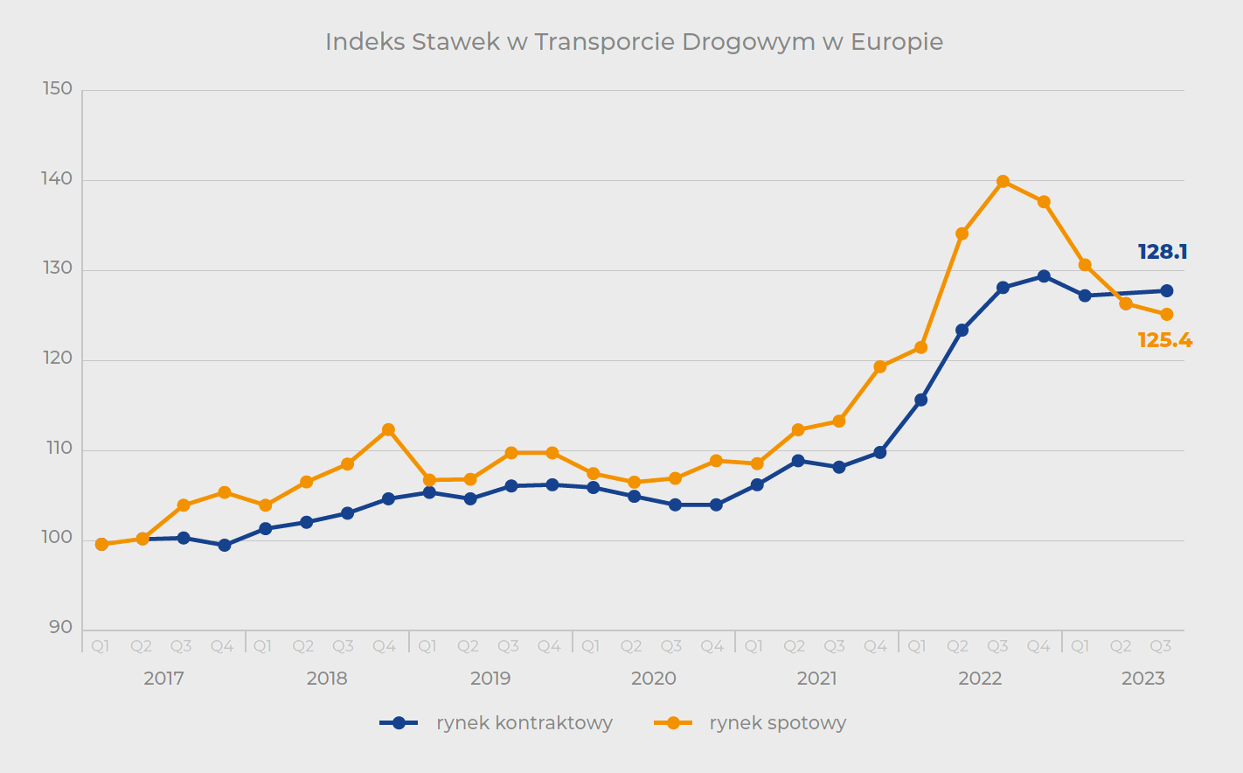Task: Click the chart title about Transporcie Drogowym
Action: click(x=634, y=42)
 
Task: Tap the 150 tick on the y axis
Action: click(x=58, y=89)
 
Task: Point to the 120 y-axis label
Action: click(x=58, y=359)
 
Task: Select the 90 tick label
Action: click(x=61, y=628)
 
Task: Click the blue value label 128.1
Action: click(x=1162, y=252)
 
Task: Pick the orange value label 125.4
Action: click(x=1164, y=340)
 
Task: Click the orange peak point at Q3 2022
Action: click(x=1003, y=182)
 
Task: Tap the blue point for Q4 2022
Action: click(x=1044, y=276)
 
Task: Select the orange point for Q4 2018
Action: click(x=388, y=430)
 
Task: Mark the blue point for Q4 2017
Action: click(x=225, y=546)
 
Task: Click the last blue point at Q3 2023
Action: click(x=1166, y=291)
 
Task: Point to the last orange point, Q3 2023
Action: click(x=1166, y=315)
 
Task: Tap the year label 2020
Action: click(x=654, y=679)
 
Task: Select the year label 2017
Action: click(x=163, y=679)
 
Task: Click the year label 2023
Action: click(x=1143, y=679)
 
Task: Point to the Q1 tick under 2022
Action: click(x=917, y=646)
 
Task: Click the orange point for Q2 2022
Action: click(x=962, y=233)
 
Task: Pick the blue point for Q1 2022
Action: click(x=920, y=400)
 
